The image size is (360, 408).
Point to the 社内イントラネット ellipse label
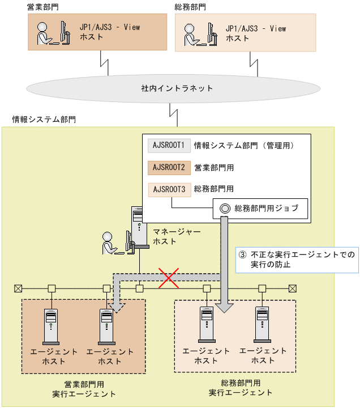(177, 88)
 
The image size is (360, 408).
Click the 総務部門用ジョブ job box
(260, 209)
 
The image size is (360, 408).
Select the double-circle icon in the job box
(224, 209)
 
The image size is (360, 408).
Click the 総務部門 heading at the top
(191, 6)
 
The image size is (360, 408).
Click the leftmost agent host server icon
(51, 325)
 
